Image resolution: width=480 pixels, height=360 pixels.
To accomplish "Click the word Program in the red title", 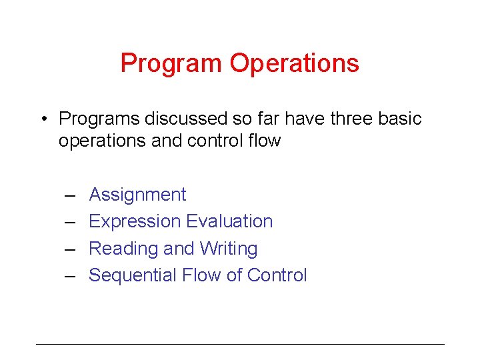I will tap(171, 64).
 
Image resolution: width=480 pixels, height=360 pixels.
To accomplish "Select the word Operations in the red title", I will tap(294, 64).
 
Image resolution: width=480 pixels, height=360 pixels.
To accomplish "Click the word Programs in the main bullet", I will tap(98, 119).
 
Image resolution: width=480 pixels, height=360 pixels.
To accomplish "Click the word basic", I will tap(399, 119).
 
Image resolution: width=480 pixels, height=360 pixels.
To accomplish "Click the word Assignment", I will tap(137, 195).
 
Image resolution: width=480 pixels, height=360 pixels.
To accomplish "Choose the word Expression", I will tap(135, 221).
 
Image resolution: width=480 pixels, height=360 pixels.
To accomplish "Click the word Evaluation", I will tap(230, 221).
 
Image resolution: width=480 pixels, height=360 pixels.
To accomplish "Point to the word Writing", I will tap(227, 249).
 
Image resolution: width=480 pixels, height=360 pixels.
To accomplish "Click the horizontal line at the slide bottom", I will tap(240, 344).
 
